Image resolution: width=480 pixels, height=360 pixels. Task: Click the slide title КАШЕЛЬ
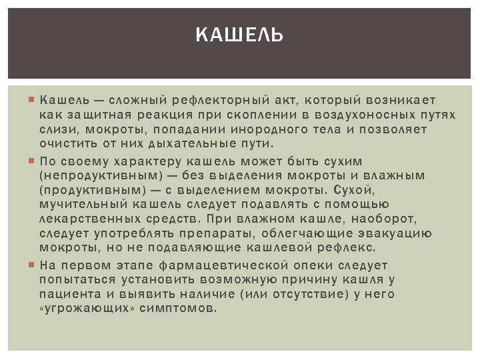click(x=240, y=34)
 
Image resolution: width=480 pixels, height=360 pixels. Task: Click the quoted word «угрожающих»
click(x=81, y=309)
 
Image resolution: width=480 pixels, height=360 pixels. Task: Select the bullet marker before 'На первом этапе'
click(x=33, y=265)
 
